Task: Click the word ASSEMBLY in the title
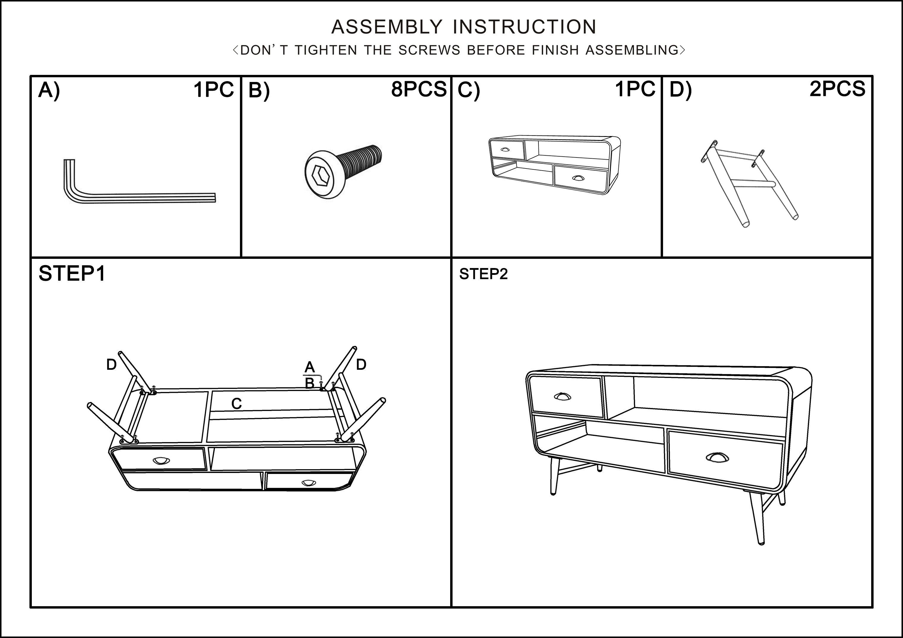point(387,27)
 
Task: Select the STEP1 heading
point(72,274)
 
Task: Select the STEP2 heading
point(483,274)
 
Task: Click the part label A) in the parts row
point(49,90)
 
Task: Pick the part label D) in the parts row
point(680,90)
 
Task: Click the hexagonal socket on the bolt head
point(321,174)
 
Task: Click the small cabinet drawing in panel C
point(555,165)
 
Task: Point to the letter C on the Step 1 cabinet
point(236,404)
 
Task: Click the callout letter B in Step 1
point(310,383)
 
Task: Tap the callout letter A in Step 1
point(310,368)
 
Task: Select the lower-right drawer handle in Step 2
point(717,457)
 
